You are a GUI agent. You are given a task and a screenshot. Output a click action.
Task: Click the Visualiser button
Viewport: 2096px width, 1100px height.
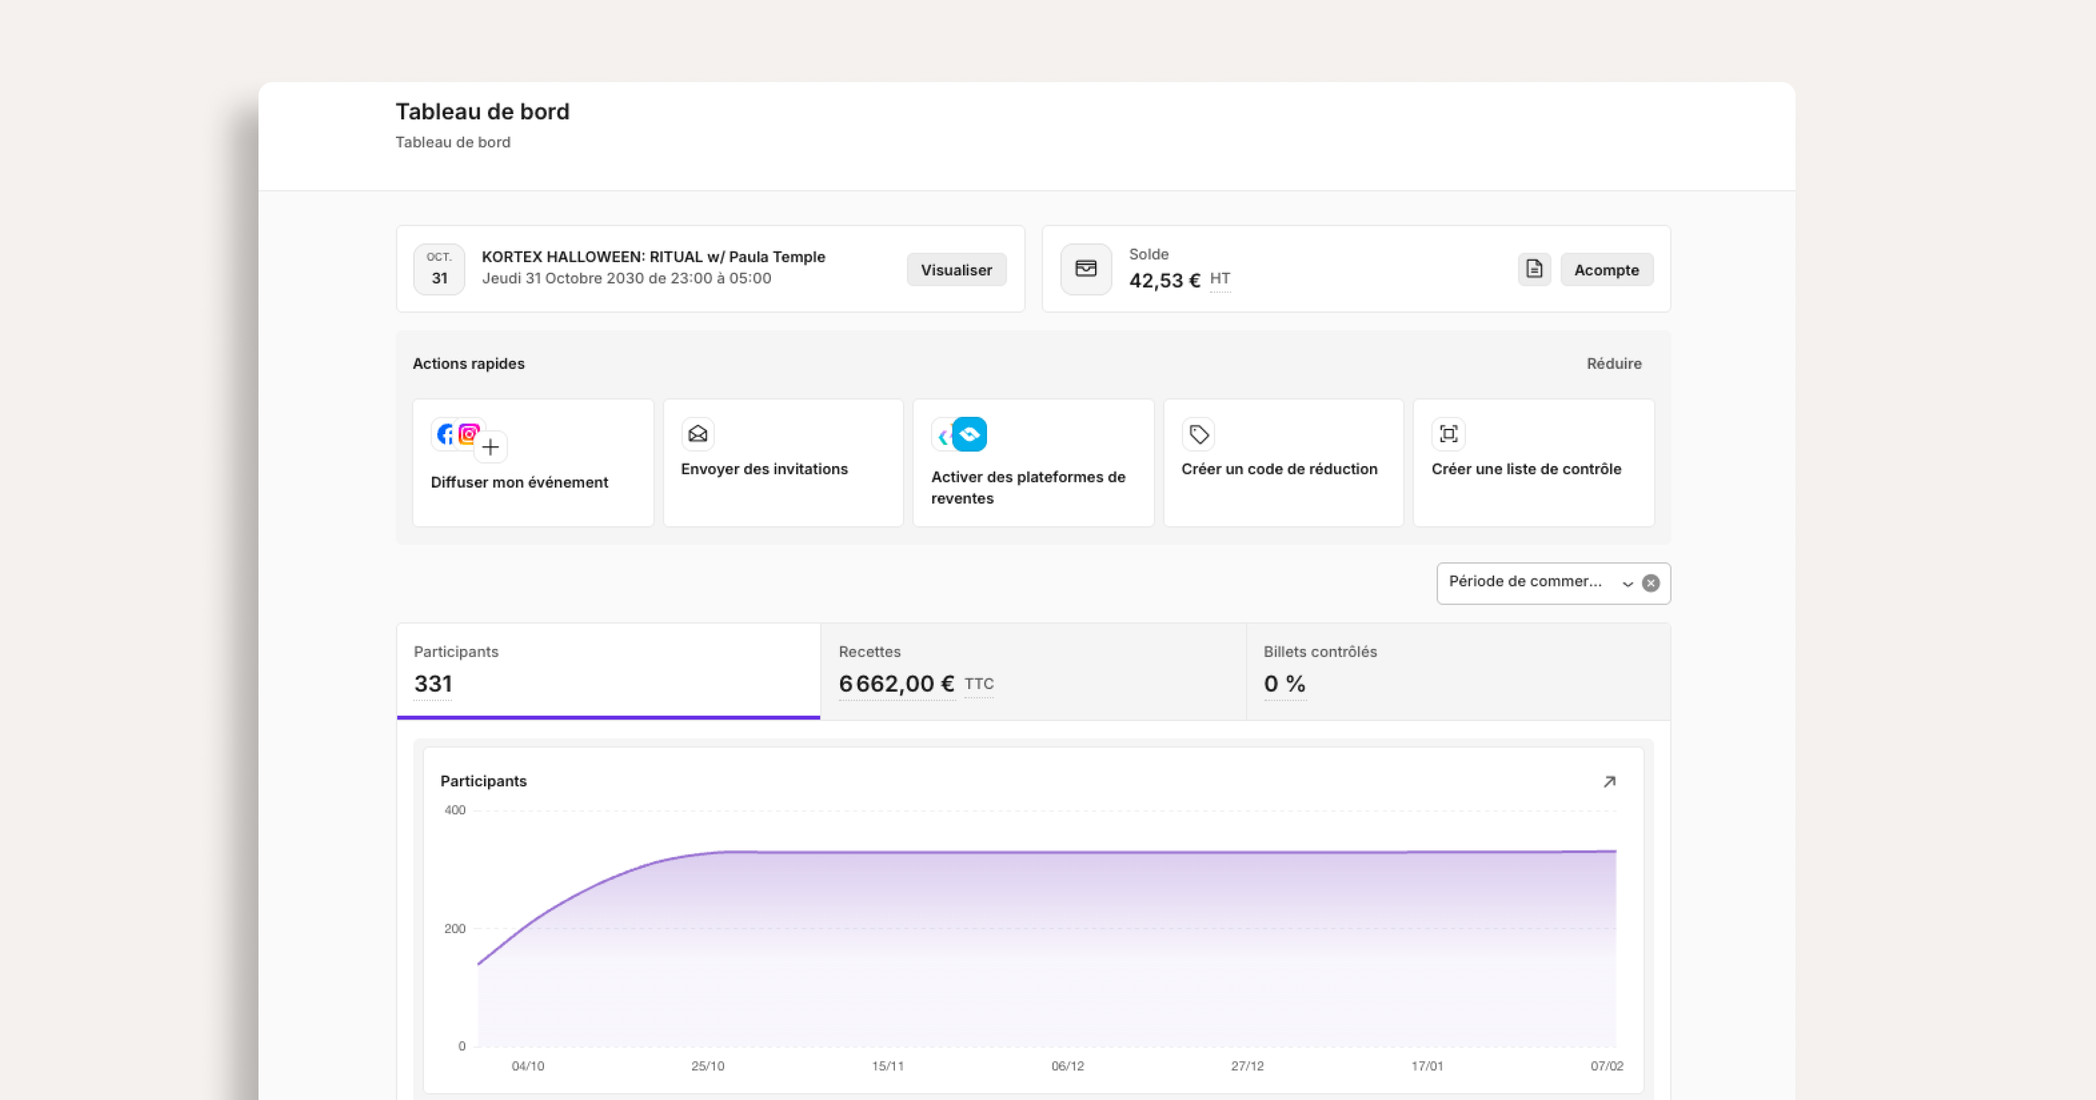(x=956, y=269)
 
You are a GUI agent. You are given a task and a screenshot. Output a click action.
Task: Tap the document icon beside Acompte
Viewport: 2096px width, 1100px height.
(x=1534, y=269)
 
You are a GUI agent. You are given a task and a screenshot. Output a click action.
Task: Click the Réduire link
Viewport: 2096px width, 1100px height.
(x=1613, y=364)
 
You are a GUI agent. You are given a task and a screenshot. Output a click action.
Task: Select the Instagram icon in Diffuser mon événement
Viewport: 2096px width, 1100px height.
(x=469, y=434)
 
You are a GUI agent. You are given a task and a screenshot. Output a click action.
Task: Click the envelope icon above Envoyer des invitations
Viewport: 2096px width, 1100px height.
(x=698, y=434)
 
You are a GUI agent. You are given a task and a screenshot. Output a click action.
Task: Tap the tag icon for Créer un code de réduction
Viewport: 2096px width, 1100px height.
(x=1199, y=434)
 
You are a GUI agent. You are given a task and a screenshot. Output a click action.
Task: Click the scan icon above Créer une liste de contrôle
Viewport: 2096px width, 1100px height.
(x=1449, y=434)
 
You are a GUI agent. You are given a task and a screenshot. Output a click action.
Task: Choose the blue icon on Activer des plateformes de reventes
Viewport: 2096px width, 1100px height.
(x=969, y=434)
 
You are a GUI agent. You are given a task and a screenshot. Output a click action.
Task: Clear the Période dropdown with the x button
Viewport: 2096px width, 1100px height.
(x=1650, y=583)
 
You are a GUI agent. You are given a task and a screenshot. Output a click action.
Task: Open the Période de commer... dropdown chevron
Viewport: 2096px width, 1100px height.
(x=1627, y=583)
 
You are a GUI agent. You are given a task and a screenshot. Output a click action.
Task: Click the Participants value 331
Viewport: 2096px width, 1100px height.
(x=433, y=683)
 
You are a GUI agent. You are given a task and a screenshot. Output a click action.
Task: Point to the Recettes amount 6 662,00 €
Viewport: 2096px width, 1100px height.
(x=897, y=683)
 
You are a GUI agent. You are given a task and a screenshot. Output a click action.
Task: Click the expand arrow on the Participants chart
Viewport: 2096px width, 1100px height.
(x=1609, y=781)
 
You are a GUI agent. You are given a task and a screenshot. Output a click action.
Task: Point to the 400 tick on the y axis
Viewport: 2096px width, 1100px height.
(x=455, y=810)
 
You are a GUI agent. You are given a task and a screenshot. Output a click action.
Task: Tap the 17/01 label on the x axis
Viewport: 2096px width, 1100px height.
(x=1427, y=1066)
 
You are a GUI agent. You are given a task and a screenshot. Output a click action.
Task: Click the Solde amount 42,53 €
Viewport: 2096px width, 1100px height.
(x=1164, y=281)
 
